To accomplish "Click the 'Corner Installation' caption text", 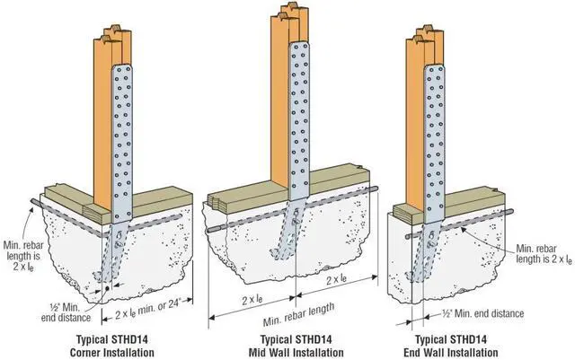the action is (x=111, y=353).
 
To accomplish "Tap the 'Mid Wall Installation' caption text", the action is (x=296, y=353).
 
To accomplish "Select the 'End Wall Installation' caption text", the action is (x=451, y=353).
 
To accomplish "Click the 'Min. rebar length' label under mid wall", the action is (x=298, y=314).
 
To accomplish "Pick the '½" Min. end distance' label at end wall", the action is (x=483, y=314).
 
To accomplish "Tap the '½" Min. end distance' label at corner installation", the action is (x=66, y=312).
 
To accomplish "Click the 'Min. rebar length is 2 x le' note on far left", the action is (x=22, y=256).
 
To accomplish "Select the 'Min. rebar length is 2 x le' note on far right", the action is (x=544, y=254).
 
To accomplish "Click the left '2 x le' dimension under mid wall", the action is (x=252, y=300).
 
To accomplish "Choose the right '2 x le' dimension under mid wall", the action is (x=336, y=280).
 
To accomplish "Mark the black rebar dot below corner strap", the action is (x=107, y=288).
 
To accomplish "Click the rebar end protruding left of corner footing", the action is (x=33, y=202).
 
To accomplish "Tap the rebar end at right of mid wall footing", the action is (x=375, y=189).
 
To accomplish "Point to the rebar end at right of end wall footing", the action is (x=510, y=212).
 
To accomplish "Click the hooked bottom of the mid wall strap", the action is (x=279, y=253).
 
